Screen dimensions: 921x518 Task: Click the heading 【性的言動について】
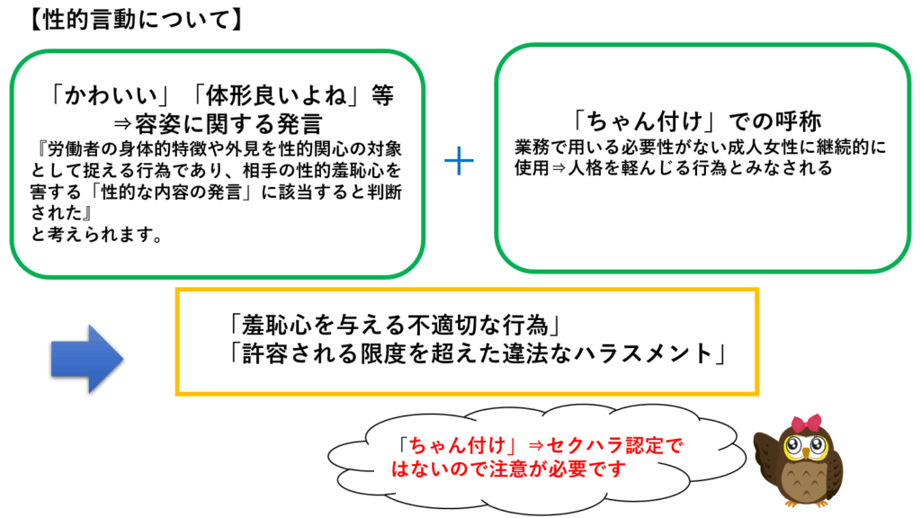point(135,20)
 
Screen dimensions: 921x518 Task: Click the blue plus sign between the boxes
point(459,161)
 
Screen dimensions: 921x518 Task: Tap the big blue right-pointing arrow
point(87,358)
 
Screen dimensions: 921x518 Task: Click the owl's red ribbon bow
point(806,423)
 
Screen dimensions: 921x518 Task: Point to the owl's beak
point(805,456)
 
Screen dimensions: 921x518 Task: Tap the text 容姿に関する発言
point(228,124)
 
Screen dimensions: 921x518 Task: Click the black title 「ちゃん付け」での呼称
point(696,121)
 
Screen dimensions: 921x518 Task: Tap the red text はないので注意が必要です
point(509,469)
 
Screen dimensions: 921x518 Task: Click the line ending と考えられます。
point(97,235)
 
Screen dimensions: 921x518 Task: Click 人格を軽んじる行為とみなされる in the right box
point(701,168)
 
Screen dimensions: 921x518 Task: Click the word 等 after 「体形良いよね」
point(382,95)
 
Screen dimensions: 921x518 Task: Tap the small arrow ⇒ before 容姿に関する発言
point(122,124)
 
